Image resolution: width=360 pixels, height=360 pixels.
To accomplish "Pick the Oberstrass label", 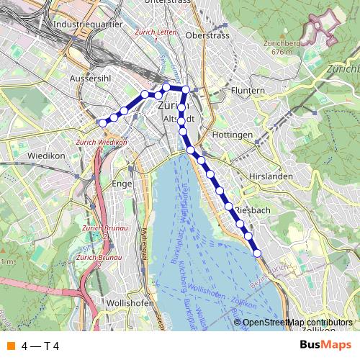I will click(207, 35).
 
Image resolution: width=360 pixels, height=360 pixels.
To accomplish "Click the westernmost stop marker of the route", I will click(102, 123).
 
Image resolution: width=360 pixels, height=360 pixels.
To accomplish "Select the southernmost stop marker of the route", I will click(257, 252).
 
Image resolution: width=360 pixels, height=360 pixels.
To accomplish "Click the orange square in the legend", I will click(10, 346).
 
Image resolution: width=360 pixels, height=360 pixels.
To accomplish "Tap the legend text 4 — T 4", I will click(40, 346).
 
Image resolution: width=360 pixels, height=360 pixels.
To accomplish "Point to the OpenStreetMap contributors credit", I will click(297, 322).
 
